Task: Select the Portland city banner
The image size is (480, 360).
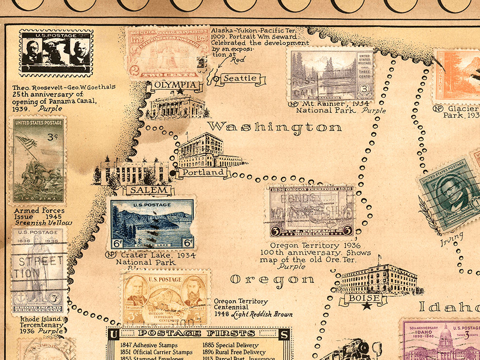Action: [203, 172]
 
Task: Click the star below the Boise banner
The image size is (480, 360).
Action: [367, 306]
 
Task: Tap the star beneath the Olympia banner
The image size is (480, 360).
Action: [180, 92]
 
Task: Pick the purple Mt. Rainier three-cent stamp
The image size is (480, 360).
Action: [331, 75]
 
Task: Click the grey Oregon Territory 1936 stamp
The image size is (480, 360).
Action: [311, 211]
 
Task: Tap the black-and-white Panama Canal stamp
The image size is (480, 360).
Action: [55, 52]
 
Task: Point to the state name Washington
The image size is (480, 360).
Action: [275, 127]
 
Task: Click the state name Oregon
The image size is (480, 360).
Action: [272, 279]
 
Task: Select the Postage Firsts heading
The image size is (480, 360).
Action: [196, 333]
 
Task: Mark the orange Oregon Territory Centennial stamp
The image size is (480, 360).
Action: [166, 297]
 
